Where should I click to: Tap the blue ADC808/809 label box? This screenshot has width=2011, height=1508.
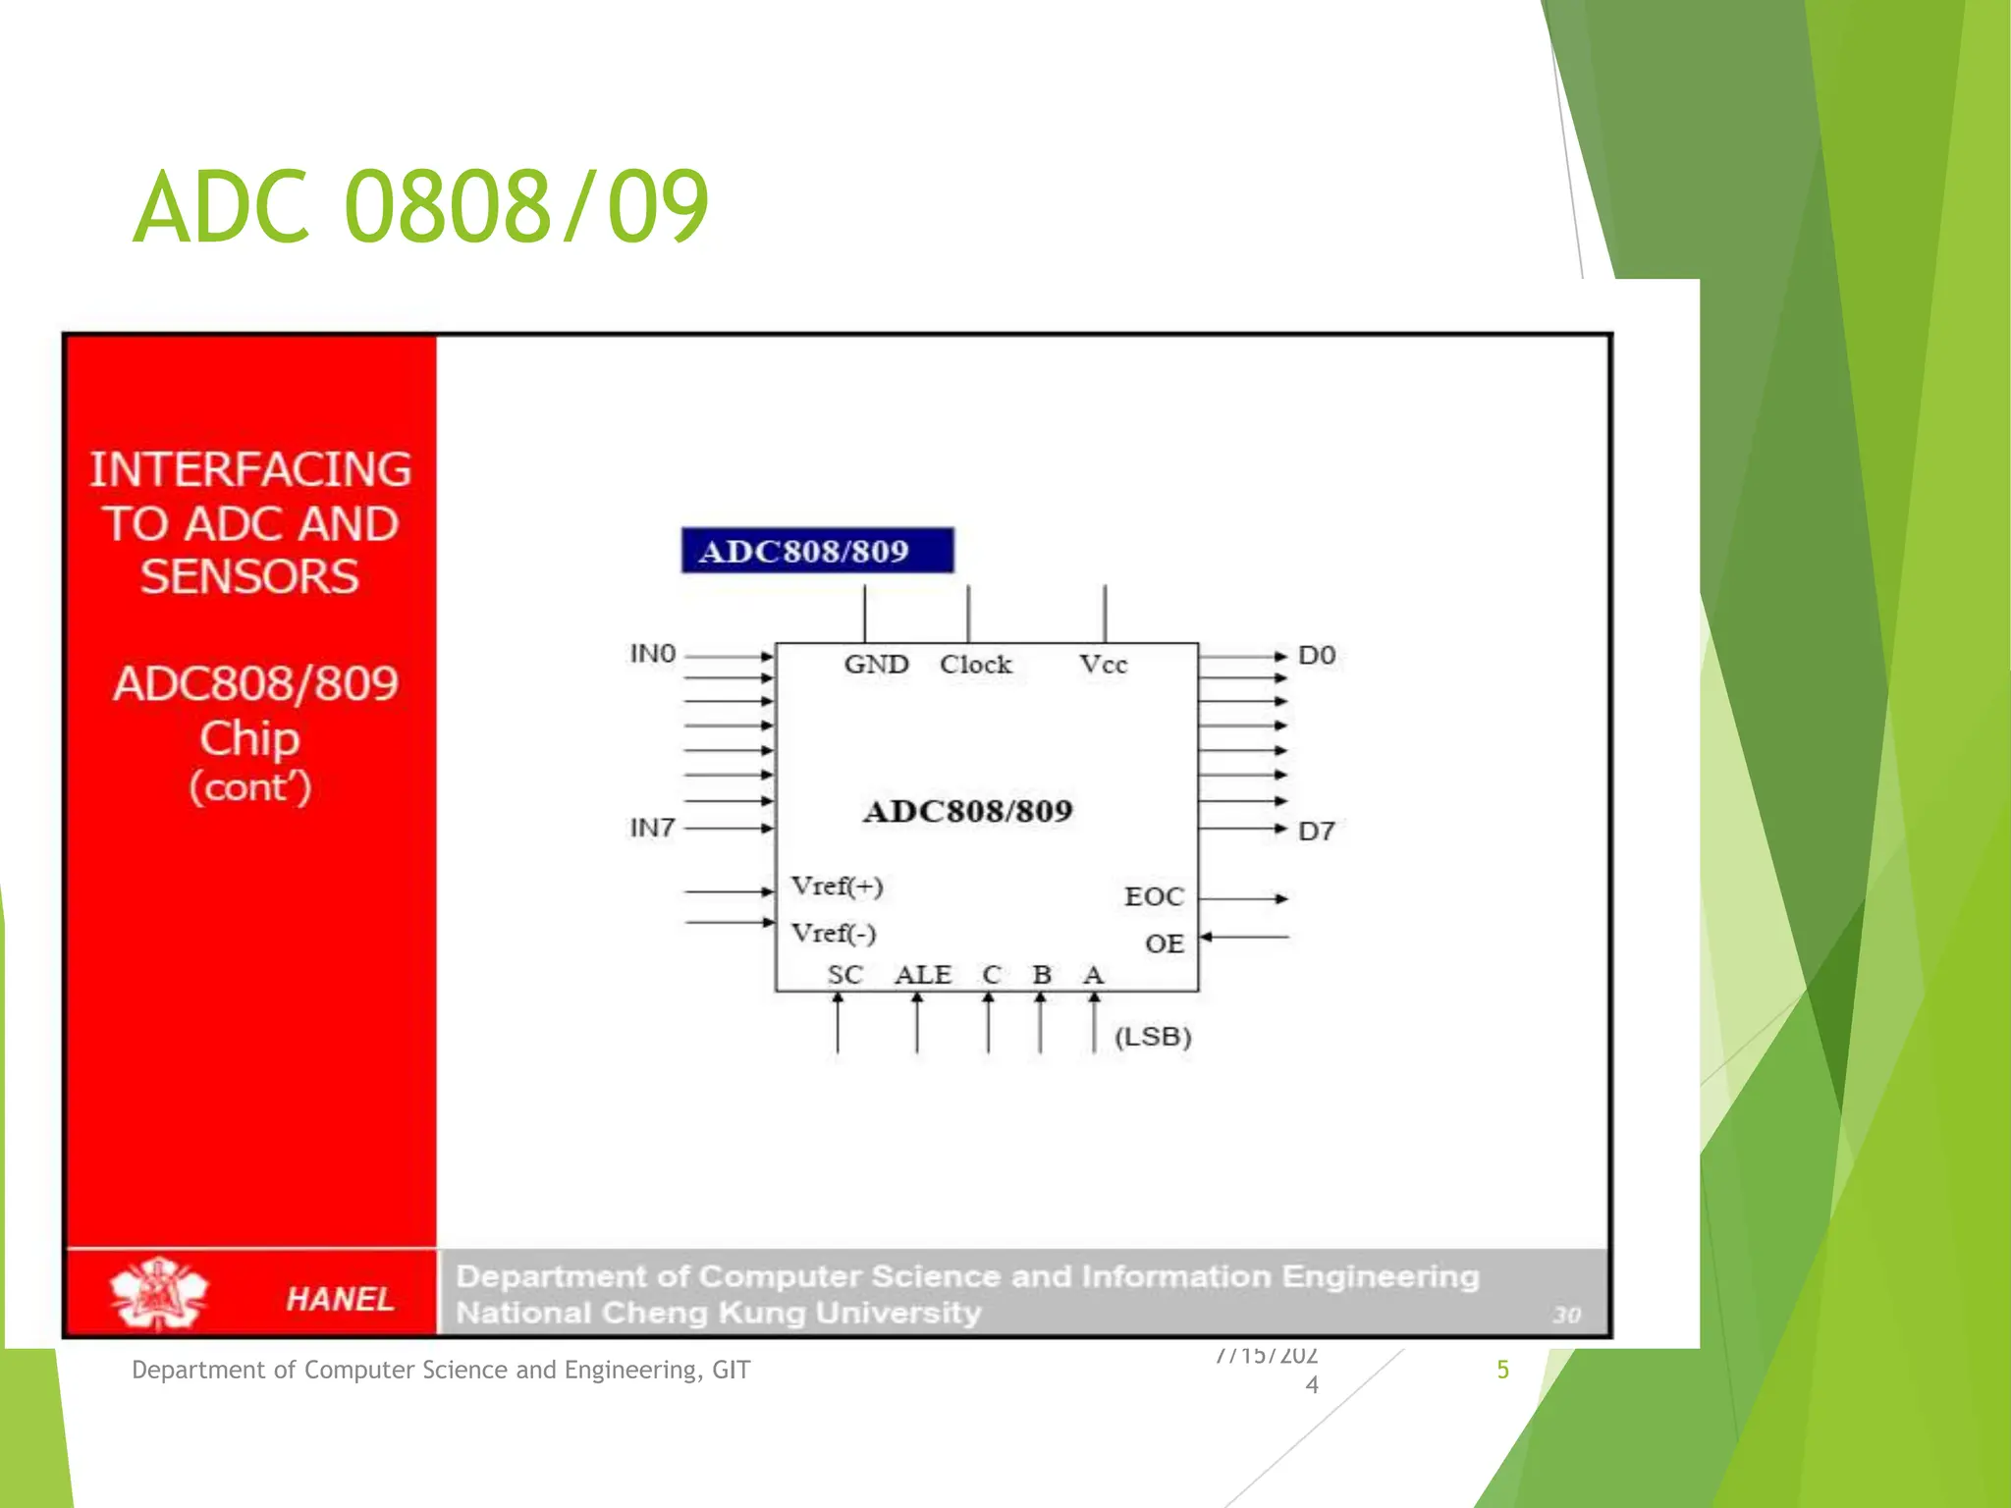tap(817, 551)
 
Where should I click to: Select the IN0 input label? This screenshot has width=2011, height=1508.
tap(653, 654)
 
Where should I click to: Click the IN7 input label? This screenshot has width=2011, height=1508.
tap(653, 828)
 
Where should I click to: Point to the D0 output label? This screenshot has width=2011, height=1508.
tap(1317, 655)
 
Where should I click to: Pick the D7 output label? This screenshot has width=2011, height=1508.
tap(1317, 832)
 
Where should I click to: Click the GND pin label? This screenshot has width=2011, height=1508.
tap(876, 665)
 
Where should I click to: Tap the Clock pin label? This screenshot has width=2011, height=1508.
tap(975, 665)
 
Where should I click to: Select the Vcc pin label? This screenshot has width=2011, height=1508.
tap(1103, 665)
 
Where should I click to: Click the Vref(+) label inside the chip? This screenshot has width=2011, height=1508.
tap(838, 887)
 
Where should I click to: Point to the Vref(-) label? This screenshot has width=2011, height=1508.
tap(834, 933)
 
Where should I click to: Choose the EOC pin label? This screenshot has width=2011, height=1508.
tap(1154, 896)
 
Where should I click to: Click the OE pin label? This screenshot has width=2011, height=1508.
tap(1165, 943)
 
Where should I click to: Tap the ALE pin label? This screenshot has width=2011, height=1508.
tap(923, 975)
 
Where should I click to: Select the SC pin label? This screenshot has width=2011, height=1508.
tap(844, 975)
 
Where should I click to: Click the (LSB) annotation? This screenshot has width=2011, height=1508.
tap(1153, 1037)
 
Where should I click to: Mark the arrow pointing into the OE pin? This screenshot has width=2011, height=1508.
tap(1245, 937)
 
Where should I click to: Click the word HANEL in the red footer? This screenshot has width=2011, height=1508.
tap(340, 1299)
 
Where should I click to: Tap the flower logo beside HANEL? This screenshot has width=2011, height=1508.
tap(158, 1293)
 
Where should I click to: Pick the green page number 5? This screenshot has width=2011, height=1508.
tap(1502, 1370)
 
